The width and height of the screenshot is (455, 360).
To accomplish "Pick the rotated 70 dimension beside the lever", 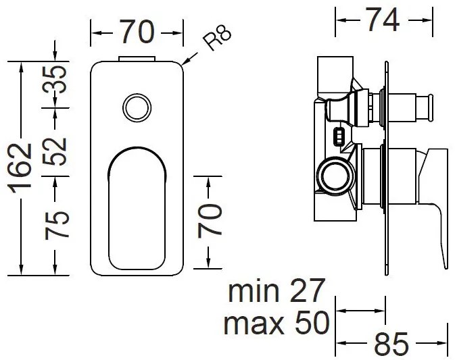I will pyautogui.click(x=211, y=217).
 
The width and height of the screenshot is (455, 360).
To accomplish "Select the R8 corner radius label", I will pyautogui.click(x=218, y=38).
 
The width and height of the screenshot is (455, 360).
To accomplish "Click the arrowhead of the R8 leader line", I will pyautogui.click(x=185, y=65).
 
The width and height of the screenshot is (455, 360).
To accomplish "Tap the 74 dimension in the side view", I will pyautogui.click(x=382, y=20).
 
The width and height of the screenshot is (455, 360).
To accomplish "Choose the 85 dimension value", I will pyautogui.click(x=391, y=344).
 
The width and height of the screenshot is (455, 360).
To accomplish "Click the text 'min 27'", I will pyautogui.click(x=277, y=292).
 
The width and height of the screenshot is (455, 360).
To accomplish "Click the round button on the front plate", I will pyautogui.click(x=137, y=108).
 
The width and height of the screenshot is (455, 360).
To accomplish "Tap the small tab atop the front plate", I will pyautogui.click(x=137, y=59).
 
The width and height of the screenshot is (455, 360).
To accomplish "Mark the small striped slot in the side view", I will pyautogui.click(x=338, y=138).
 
